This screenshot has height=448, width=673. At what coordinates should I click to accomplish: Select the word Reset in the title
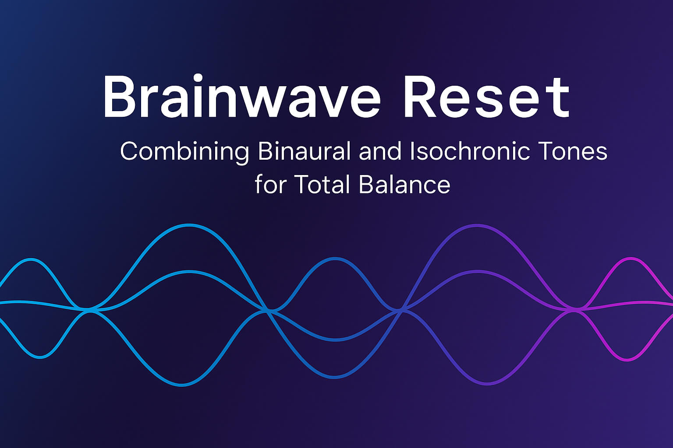486,97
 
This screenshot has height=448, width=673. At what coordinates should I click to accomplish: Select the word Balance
404,184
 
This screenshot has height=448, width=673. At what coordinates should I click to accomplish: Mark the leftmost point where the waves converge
89,310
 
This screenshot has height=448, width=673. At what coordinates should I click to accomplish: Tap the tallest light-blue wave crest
189,225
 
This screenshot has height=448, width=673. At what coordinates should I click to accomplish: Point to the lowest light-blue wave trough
181,385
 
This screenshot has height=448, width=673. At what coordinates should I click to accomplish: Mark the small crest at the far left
32,259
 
